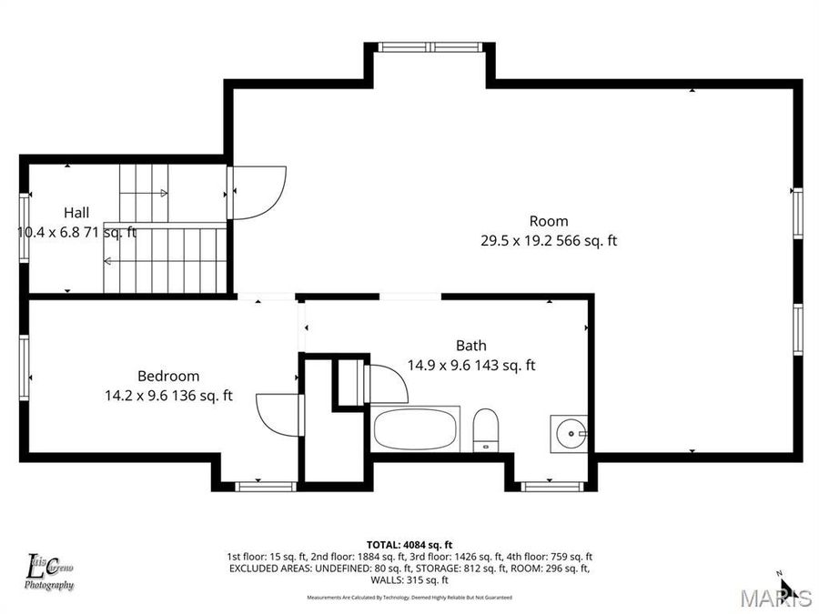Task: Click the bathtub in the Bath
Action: click(x=416, y=428)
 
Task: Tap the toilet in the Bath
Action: click(x=486, y=429)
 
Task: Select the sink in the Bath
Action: click(x=570, y=433)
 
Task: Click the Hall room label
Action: click(x=76, y=212)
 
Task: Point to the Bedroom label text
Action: click(x=168, y=376)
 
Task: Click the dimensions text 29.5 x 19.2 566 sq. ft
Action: click(x=549, y=241)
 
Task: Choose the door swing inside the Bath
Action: click(x=385, y=382)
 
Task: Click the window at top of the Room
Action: click(x=432, y=47)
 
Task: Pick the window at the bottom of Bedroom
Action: click(x=265, y=486)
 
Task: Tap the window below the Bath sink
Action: click(x=551, y=486)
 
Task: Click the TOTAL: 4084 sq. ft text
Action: click(x=409, y=543)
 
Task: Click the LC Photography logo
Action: click(x=49, y=571)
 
